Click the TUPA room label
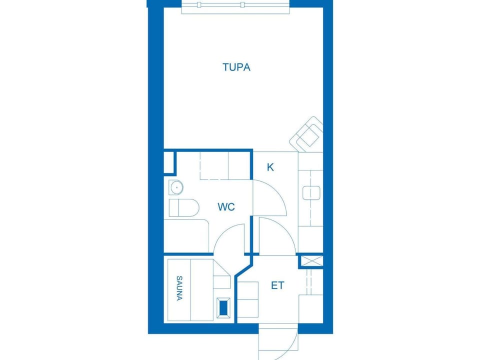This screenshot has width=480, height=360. click(236, 67)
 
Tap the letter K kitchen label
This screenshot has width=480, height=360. click(270, 167)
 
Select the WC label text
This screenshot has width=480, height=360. click(226, 207)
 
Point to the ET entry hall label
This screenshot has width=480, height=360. click(277, 285)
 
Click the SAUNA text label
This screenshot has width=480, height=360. click(179, 288)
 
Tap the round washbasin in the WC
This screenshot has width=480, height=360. click(176, 187)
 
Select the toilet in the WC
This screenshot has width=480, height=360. click(183, 207)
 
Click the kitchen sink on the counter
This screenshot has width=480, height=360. click(311, 193)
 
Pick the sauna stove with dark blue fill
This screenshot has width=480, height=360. click(223, 307)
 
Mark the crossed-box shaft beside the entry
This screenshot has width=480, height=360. click(311, 261)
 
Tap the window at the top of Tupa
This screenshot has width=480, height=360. click(235, 7)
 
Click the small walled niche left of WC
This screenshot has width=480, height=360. click(168, 162)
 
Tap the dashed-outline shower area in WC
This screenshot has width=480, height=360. click(224, 165)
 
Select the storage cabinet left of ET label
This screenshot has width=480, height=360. click(248, 299)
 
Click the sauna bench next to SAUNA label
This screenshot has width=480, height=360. click(190, 290)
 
